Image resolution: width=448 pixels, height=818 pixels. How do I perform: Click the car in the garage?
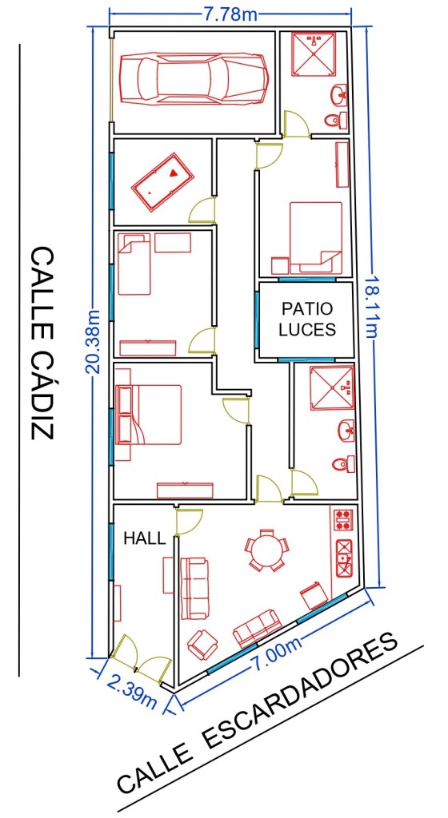point(194,78)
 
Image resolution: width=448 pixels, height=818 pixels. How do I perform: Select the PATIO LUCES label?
point(307,319)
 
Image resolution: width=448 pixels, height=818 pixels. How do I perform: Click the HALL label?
point(145,538)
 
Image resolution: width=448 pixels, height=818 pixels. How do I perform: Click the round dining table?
point(267,550)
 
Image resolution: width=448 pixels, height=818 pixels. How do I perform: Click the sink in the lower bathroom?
point(346,431)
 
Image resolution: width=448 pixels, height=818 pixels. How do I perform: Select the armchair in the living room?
point(202,644)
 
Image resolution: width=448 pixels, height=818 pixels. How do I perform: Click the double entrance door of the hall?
point(141,659)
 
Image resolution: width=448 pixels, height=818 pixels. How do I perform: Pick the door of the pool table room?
point(202,210)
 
